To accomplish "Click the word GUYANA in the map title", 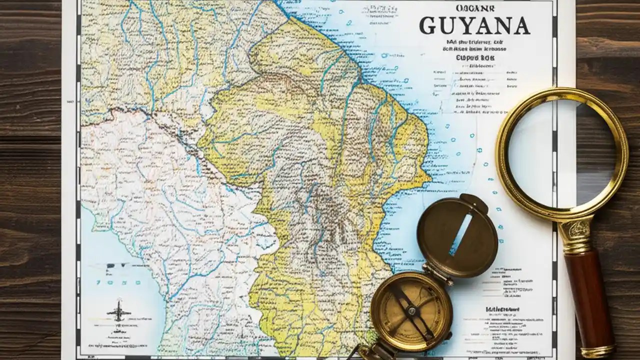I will coord(474,26).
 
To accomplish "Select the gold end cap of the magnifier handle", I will coord(598,350).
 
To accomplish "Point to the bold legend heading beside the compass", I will coord(502,309).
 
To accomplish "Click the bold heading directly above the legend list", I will coord(474,58).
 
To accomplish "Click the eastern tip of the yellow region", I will coord(428,176).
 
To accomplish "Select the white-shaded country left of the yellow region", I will coord(165,200).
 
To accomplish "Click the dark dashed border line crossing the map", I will coord(165,125).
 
